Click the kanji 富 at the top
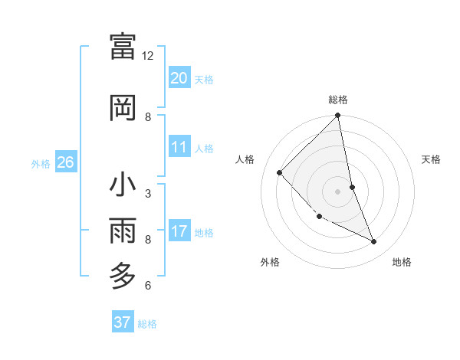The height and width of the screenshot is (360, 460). click(x=123, y=47)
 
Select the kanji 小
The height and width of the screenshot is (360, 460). click(x=123, y=185)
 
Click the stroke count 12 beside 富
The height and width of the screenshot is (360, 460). click(x=148, y=56)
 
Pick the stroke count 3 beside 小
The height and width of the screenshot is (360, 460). click(x=148, y=193)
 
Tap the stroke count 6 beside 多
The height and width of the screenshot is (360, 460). click(x=148, y=286)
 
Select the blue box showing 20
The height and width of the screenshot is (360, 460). click(x=179, y=77)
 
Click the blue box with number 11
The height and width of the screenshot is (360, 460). click(x=179, y=147)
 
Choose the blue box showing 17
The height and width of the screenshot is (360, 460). click(x=179, y=231)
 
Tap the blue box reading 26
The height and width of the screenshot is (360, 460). click(x=65, y=162)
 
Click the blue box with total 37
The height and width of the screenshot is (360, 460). click(x=122, y=322)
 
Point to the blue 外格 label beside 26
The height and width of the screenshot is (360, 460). click(x=41, y=163)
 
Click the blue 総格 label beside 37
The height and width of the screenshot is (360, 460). click(x=147, y=324)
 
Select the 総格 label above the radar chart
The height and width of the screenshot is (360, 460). click(x=338, y=100)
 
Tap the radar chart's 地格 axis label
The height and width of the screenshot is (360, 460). click(x=402, y=263)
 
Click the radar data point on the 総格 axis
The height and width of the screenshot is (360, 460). click(x=338, y=116)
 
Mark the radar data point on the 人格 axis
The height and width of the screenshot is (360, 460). click(x=280, y=172)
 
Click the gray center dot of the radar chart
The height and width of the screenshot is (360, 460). click(x=337, y=191)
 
